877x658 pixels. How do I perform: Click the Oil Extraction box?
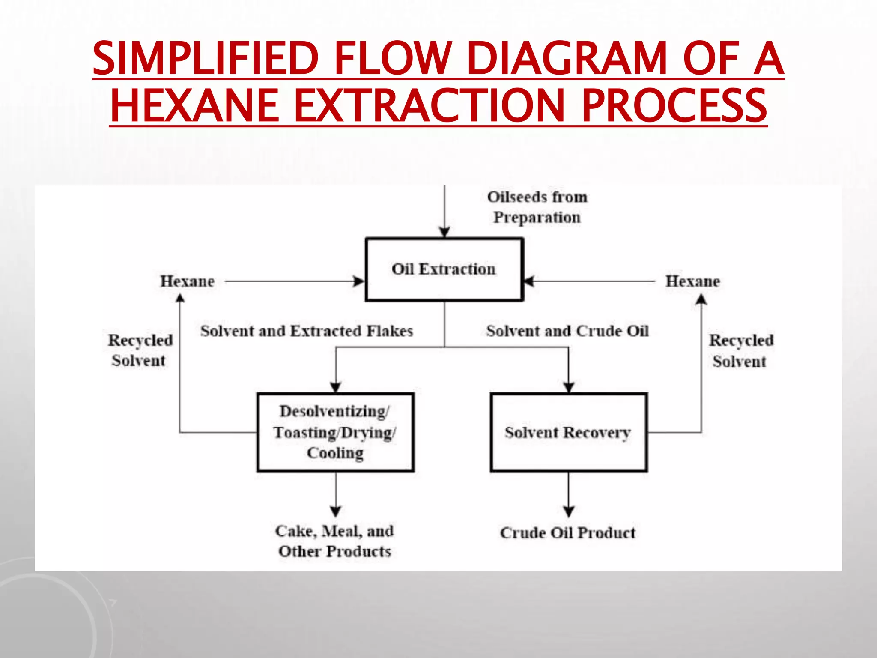click(444, 269)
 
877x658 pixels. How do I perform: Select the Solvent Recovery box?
click(568, 432)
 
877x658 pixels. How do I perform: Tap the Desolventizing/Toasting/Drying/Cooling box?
click(335, 432)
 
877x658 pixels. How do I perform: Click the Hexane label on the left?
click(187, 281)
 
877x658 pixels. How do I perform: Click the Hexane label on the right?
click(692, 281)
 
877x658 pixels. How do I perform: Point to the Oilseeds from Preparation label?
click(537, 207)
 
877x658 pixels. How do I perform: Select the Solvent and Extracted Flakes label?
click(307, 331)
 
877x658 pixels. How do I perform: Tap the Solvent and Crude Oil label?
click(567, 331)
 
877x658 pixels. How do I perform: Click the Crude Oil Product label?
click(568, 533)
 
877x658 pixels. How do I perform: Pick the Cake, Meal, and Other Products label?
click(334, 541)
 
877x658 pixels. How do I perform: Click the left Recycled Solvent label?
click(140, 350)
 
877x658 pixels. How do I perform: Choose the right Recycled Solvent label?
click(741, 350)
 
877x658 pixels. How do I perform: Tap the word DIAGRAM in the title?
click(567, 58)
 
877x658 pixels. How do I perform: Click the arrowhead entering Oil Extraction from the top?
click(444, 233)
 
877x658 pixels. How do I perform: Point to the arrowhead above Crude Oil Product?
click(568, 511)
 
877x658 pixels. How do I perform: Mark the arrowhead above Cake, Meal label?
click(336, 511)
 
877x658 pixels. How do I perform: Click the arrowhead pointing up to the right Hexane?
click(701, 299)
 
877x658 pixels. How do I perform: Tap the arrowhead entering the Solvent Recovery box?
click(568, 387)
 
